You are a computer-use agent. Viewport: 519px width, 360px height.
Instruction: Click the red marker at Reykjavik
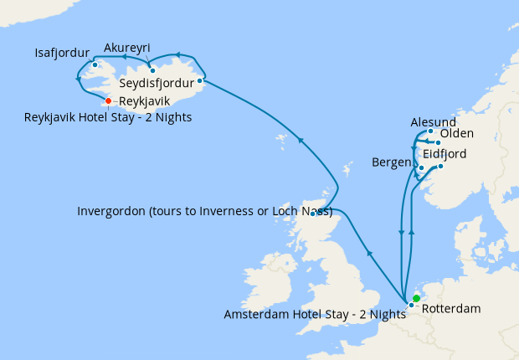click(x=108, y=102)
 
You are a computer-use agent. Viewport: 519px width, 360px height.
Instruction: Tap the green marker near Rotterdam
click(x=416, y=298)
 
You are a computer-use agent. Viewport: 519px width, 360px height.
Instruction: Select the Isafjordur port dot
click(x=95, y=64)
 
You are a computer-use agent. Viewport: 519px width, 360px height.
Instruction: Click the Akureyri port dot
click(x=152, y=70)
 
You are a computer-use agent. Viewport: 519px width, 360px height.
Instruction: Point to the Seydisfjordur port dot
click(x=199, y=81)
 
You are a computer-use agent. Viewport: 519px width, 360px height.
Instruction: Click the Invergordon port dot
click(x=313, y=213)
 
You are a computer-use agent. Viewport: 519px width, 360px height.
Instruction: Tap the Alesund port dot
click(x=430, y=131)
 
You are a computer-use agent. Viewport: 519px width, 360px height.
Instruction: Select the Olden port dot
click(x=438, y=142)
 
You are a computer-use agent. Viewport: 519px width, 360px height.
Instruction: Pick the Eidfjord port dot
click(x=440, y=166)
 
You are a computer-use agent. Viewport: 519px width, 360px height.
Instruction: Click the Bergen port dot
click(x=420, y=167)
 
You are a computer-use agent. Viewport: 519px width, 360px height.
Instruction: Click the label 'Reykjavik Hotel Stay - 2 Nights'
click(x=108, y=117)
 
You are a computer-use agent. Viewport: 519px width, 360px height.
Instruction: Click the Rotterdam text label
click(x=451, y=309)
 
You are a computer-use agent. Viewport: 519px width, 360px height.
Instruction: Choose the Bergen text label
click(x=392, y=161)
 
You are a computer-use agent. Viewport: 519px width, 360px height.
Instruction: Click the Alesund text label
click(x=434, y=122)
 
